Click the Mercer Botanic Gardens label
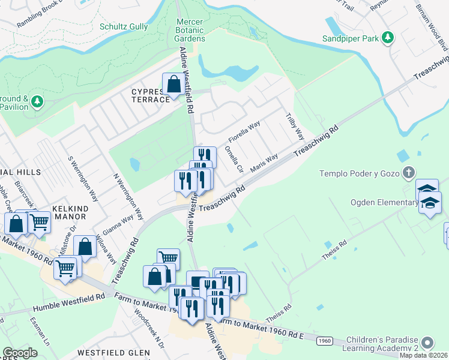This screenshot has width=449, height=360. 190,30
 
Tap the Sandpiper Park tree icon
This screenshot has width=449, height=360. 388,38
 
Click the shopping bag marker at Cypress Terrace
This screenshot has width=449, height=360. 173,85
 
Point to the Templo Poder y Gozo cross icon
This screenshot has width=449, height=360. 408,173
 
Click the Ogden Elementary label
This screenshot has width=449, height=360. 384,202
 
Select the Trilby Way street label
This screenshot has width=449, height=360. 294,127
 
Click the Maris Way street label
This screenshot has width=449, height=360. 264,163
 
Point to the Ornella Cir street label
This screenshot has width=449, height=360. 233,158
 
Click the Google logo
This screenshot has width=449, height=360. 20,352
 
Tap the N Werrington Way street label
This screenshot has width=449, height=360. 129,196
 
